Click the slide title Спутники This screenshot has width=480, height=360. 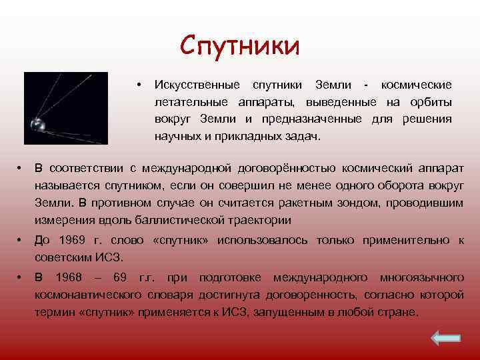tap(240, 46)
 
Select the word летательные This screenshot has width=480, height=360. tap(187, 102)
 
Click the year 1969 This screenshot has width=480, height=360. tap(69, 241)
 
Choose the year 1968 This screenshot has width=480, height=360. tap(70, 277)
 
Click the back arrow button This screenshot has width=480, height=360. tap(445, 339)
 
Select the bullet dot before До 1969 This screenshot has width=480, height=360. tap(21, 241)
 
